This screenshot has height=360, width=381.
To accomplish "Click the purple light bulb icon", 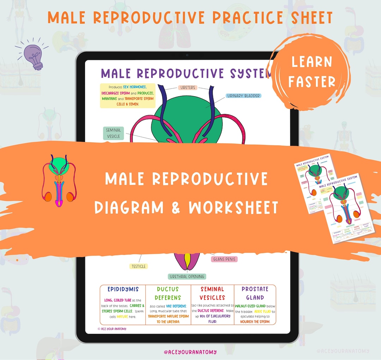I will click(33, 55).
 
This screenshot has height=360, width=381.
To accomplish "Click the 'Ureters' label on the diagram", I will click(187, 88).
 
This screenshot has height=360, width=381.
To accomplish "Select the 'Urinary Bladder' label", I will click(244, 96).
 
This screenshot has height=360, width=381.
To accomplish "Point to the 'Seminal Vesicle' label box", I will click(113, 133).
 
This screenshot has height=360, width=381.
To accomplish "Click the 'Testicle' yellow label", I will click(138, 266).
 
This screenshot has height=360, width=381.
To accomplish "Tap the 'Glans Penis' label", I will click(224, 259).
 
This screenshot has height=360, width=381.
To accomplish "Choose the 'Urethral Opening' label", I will click(187, 276).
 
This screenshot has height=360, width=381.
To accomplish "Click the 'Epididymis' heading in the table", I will click(122, 289).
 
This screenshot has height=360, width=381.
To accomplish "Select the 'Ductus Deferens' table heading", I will click(168, 293).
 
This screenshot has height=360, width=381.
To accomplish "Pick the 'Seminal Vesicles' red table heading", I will click(212, 293).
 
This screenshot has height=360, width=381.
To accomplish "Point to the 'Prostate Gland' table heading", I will click(255, 293).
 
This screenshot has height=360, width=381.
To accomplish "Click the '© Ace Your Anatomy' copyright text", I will click(112, 329).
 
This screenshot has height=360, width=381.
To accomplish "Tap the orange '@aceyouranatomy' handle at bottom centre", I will click(190, 352).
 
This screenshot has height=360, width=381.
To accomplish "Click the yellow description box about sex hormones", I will click(127, 95).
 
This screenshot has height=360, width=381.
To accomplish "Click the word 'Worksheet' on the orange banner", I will click(234, 208).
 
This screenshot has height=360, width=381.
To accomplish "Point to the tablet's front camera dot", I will click(187, 55).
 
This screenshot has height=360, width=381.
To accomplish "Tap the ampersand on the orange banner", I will click(175, 208).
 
